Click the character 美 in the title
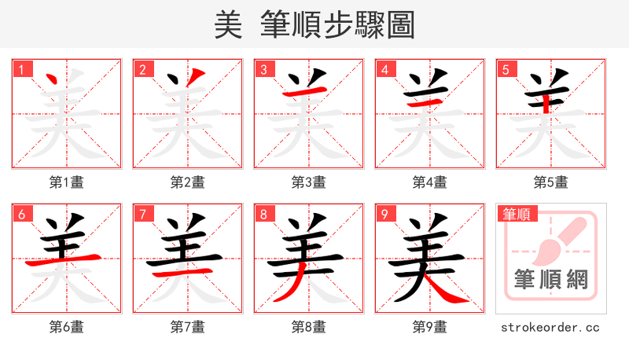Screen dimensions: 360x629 coord(228,25)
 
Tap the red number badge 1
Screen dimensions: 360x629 coord(20,69)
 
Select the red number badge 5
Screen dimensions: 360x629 coord(505,69)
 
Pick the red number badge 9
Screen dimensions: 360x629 coord(384,214)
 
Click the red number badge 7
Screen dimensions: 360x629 coord(142,214)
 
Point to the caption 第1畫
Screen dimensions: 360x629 coord(67,182)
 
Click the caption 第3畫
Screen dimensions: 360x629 coord(309,182)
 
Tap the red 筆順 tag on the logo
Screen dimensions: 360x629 coord(515,213)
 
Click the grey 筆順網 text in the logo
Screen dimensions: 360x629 coord(551,279)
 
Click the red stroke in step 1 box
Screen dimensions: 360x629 coord(53,80)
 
